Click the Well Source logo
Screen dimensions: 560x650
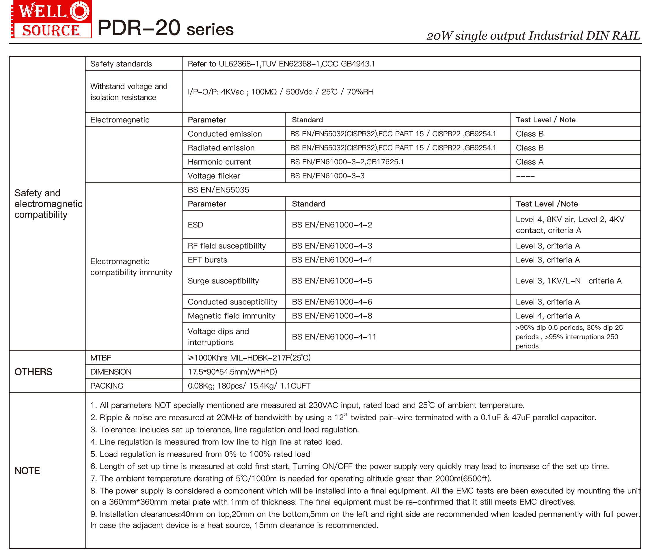click(x=51, y=19)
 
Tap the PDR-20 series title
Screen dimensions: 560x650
click(x=165, y=28)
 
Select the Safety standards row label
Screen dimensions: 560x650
click(x=121, y=64)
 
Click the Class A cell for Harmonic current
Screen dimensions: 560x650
click(x=530, y=162)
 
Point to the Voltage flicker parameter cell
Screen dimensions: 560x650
click(x=214, y=176)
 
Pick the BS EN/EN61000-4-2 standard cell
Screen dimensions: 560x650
click(x=332, y=225)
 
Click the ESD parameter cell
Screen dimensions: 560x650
click(x=195, y=225)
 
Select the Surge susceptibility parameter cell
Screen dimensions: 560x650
click(x=223, y=281)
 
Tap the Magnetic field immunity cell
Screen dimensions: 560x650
click(x=231, y=316)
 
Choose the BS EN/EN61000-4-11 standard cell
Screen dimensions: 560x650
click(x=334, y=337)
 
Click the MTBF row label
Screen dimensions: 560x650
click(x=101, y=358)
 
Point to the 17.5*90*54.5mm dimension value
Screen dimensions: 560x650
click(x=232, y=372)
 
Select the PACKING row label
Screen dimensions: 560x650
click(x=107, y=386)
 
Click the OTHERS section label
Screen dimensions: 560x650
click(x=33, y=372)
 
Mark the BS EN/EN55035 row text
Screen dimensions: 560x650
click(x=218, y=190)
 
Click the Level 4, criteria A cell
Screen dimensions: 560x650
click(x=548, y=316)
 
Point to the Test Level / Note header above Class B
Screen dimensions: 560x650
click(x=545, y=120)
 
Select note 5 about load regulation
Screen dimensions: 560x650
click(x=200, y=454)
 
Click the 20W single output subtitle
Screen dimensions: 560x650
click(x=533, y=36)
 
